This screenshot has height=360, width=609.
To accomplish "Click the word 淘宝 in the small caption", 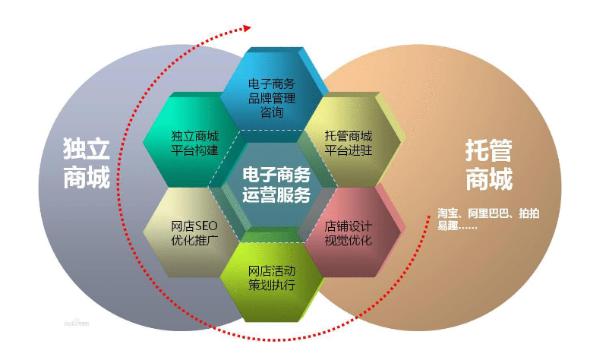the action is pyautogui.click(x=447, y=213).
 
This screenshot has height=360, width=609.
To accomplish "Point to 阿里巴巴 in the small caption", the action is pyautogui.click(x=489, y=213).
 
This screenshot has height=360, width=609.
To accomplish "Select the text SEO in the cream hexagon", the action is pyautogui.click(x=207, y=226).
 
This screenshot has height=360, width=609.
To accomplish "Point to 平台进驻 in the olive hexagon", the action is pyautogui.click(x=349, y=150).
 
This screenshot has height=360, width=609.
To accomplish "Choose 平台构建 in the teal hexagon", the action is pyautogui.click(x=194, y=150).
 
